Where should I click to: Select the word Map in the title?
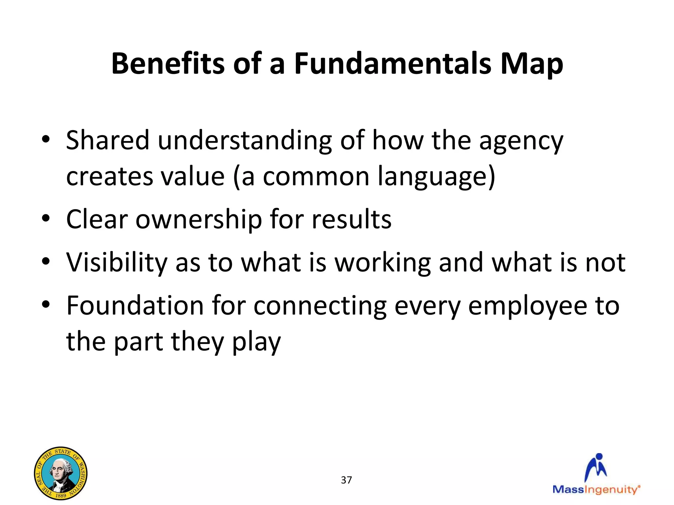click(x=531, y=64)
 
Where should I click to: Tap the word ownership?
click(x=198, y=220)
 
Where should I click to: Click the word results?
click(x=351, y=219)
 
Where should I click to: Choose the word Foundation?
click(x=135, y=306)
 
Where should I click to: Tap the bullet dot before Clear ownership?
click(x=46, y=218)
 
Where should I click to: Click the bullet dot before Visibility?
click(x=46, y=261)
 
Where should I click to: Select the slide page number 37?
click(x=346, y=480)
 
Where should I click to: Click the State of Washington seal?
click(x=61, y=473)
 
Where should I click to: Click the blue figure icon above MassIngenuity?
click(x=596, y=467)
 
